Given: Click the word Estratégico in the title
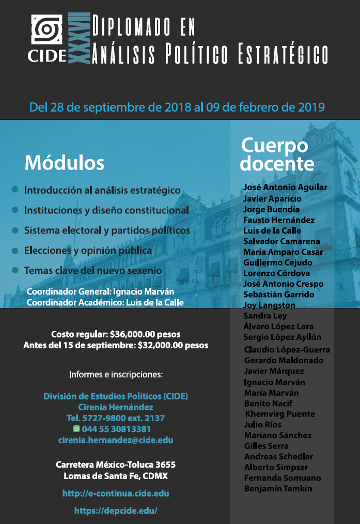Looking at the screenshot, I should tap(283, 53).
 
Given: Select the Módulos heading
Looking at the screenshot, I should tap(65, 163).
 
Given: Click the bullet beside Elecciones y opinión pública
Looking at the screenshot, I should tap(15, 250).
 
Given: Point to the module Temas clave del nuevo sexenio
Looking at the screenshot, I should tap(93, 270).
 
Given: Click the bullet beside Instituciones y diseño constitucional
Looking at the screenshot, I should tap(15, 210).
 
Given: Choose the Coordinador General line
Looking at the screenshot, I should tap(100, 292).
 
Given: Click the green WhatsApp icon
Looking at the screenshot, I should tap(76, 429).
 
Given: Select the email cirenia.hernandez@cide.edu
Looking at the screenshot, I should tap(116, 440).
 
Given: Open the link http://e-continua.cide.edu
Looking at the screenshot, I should tap(116, 494).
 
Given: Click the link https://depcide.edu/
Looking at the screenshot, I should tap(116, 511).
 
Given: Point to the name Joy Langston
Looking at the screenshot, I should tap(269, 305).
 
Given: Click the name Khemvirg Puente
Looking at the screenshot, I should tap(279, 414).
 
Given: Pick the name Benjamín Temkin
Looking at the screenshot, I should tap(278, 488).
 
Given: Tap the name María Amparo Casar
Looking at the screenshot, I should tap(283, 252).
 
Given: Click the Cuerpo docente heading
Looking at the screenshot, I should tap(277, 154).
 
